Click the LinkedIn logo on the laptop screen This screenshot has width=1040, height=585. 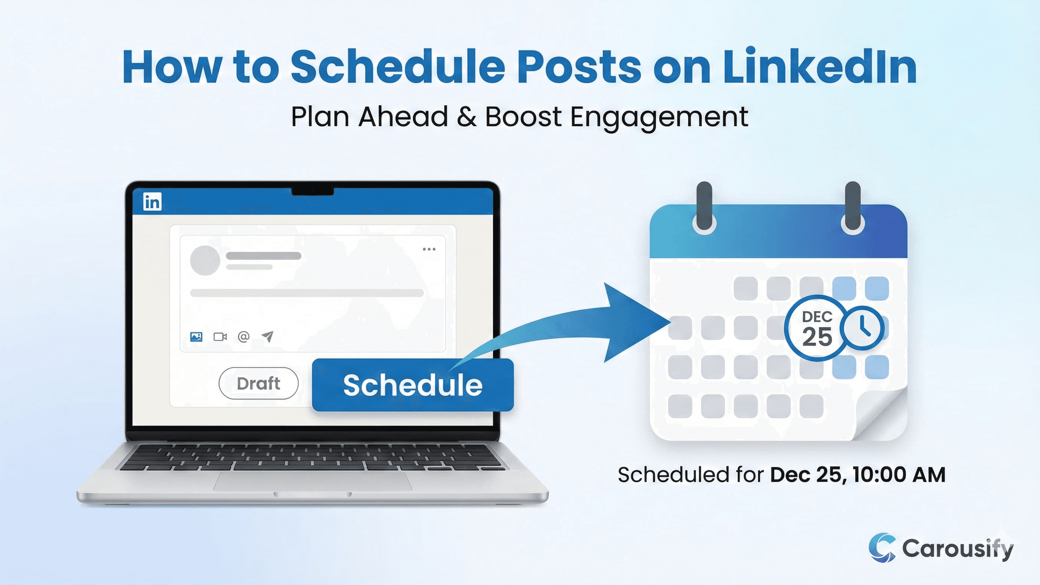(x=152, y=201)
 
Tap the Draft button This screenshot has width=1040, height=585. (x=259, y=383)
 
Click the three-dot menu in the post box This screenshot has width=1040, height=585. (x=429, y=249)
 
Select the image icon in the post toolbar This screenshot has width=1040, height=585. (x=196, y=336)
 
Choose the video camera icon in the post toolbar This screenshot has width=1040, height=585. (x=220, y=336)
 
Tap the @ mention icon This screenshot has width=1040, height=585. (x=243, y=336)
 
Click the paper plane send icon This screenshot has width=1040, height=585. (x=267, y=336)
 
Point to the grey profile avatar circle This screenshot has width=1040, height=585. (x=205, y=261)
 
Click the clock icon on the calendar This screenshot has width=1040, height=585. (x=862, y=328)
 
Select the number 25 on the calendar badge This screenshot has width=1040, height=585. (x=817, y=337)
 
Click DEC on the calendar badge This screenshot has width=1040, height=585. (x=817, y=317)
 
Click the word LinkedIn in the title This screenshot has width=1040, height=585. (x=819, y=67)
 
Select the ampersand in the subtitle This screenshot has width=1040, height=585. (x=467, y=117)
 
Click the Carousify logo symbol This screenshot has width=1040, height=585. (x=882, y=547)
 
